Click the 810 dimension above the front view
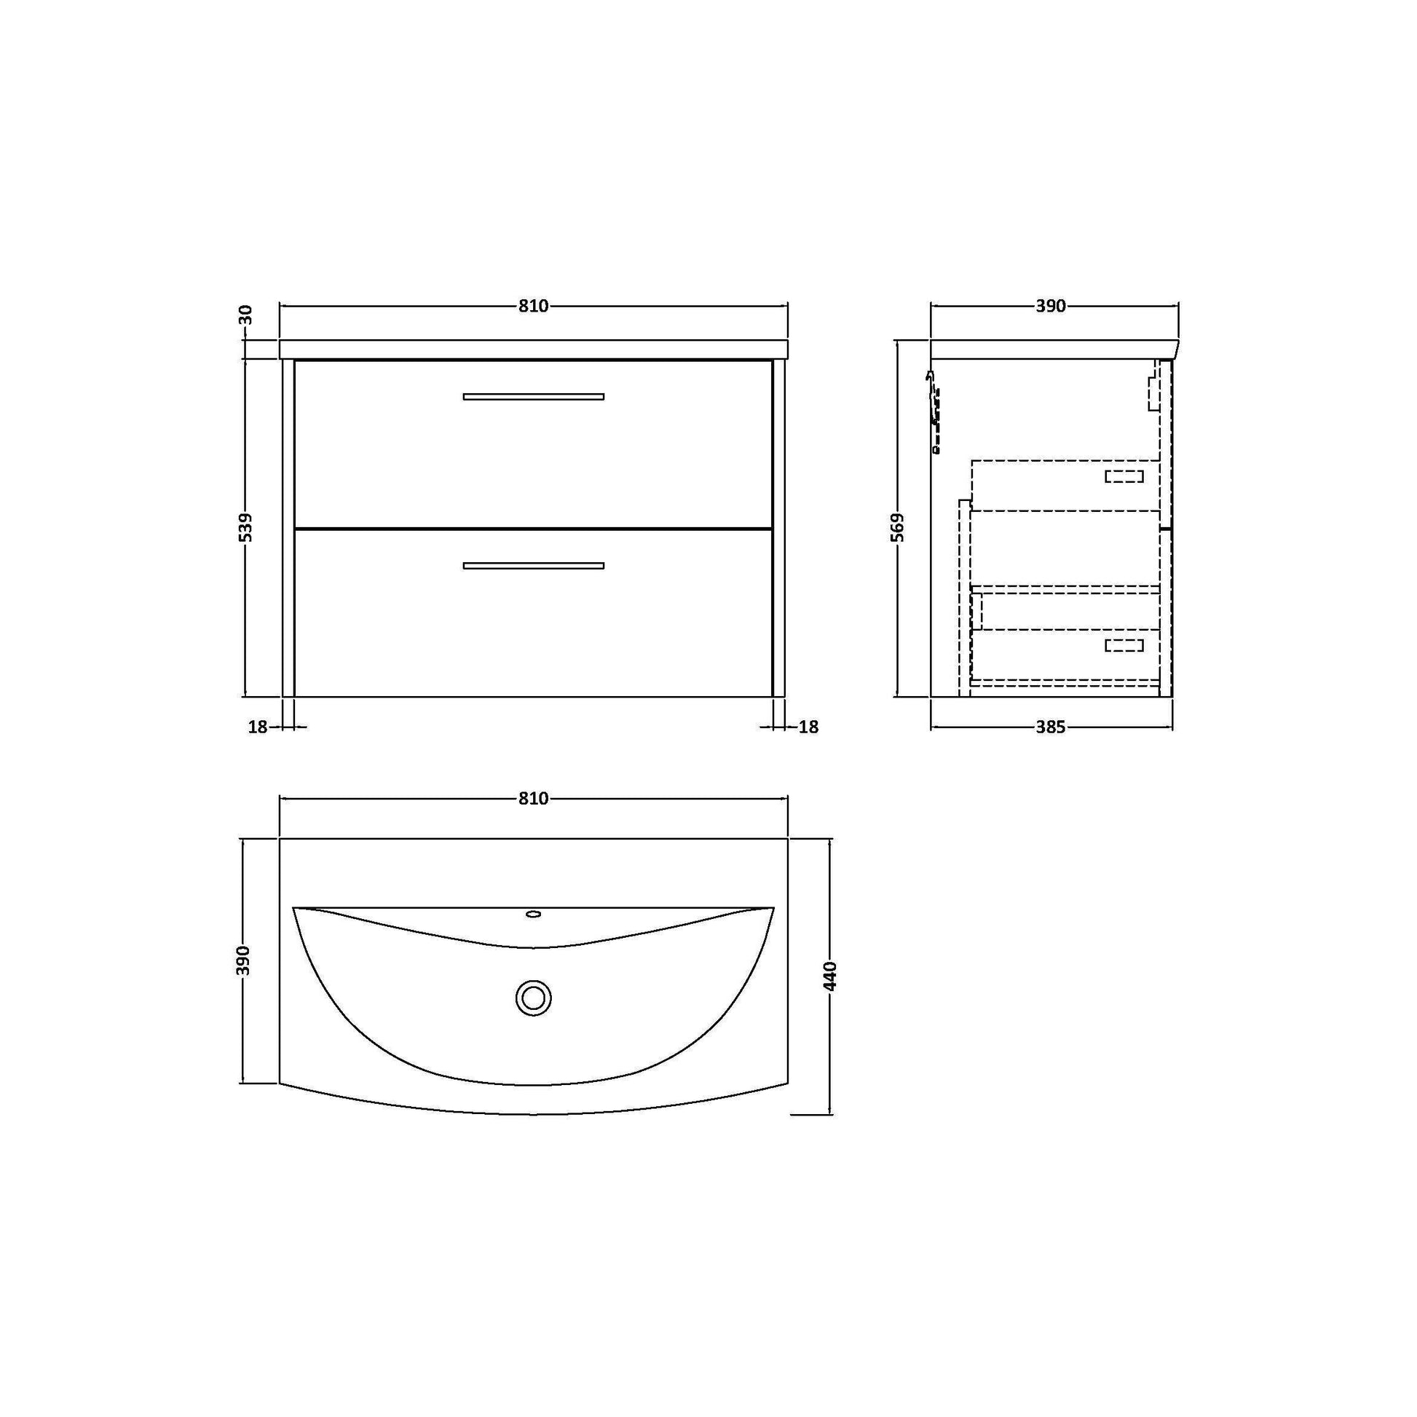533,306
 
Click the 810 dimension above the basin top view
533,799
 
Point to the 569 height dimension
899,527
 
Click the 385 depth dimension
1050,727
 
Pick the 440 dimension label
829,976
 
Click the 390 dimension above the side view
1050,306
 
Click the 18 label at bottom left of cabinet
258,727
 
